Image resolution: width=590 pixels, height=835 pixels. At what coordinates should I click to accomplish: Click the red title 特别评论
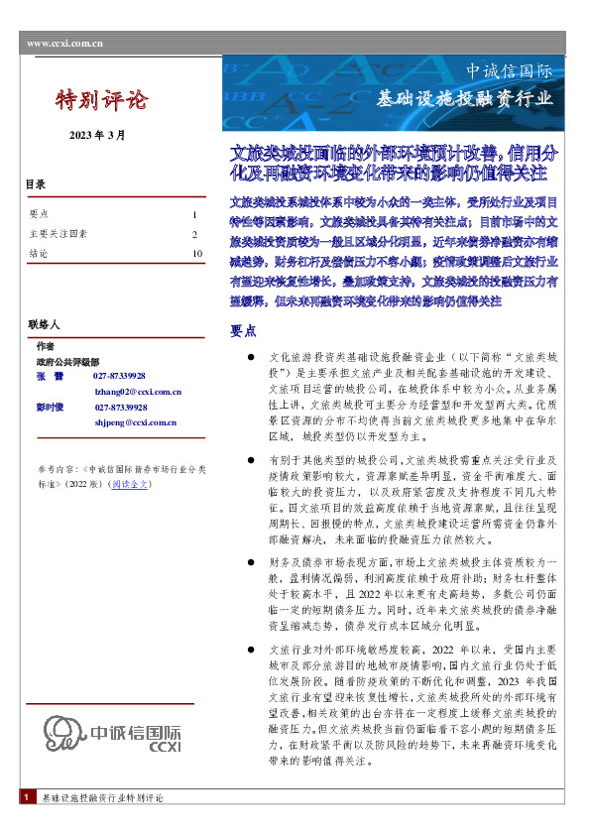pos(100,100)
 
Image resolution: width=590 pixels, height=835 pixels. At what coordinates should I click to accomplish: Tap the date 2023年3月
pos(97,135)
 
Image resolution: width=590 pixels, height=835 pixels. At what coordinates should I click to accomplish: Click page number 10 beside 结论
pos(196,253)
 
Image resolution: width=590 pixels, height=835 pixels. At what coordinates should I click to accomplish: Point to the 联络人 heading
pos(43,324)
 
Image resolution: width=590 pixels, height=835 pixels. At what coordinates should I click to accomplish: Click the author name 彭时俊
pos(50,407)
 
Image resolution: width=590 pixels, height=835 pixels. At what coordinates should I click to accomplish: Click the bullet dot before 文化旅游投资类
pos(253,354)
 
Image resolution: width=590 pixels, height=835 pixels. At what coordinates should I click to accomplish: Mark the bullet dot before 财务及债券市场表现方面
pos(253,562)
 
